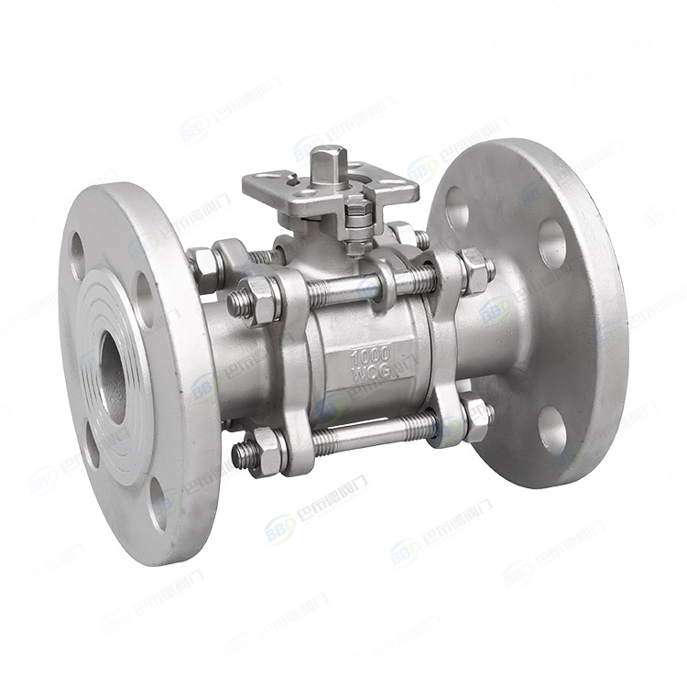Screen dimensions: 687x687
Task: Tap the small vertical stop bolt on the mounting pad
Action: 357,217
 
